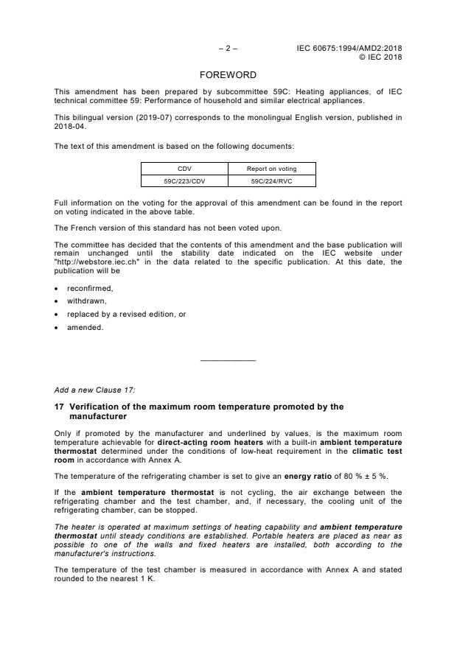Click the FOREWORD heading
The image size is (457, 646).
(x=228, y=75)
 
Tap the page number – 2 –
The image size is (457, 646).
(x=228, y=48)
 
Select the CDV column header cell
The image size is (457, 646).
(x=184, y=169)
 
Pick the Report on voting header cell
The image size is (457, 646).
(x=272, y=169)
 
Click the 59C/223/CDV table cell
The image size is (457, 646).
(x=184, y=180)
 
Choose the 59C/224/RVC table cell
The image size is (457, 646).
(x=272, y=180)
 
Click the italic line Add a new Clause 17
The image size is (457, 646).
(x=94, y=389)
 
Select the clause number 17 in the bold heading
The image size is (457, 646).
(x=59, y=407)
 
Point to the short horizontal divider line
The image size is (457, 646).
(x=228, y=360)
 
